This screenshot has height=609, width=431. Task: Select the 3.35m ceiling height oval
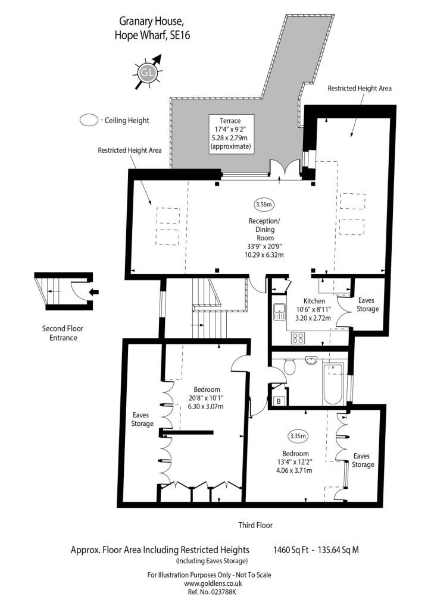pyautogui.click(x=298, y=436)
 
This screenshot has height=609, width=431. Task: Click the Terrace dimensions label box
pyautogui.click(x=231, y=134)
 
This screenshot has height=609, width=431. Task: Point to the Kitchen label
pyautogui.click(x=314, y=300)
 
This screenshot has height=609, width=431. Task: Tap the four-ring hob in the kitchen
pyautogui.click(x=298, y=338)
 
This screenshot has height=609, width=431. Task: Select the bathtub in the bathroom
pyautogui.click(x=333, y=384)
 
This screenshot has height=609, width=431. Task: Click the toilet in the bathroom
pyautogui.click(x=289, y=366)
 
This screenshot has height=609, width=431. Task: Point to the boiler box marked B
pyautogui.click(x=279, y=401)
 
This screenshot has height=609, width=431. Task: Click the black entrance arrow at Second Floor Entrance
pyautogui.click(x=93, y=292)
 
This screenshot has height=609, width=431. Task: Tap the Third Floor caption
pyautogui.click(x=255, y=525)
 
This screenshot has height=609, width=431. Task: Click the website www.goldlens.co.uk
pyautogui.click(x=213, y=583)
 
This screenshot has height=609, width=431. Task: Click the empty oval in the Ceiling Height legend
pyautogui.click(x=89, y=120)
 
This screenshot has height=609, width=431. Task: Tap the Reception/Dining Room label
pyautogui.click(x=265, y=229)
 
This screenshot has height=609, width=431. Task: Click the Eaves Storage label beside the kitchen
pyautogui.click(x=367, y=304)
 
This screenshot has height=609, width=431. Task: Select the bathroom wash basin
pyautogui.click(x=311, y=361)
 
